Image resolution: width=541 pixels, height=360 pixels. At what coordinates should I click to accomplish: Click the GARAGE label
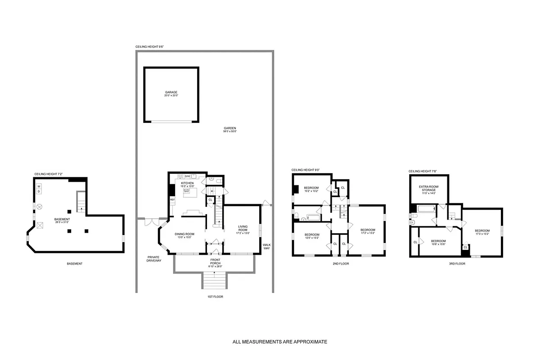171,92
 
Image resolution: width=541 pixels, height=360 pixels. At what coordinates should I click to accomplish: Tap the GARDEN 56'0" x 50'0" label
230,128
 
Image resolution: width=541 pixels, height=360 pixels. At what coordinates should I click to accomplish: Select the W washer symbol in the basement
39,186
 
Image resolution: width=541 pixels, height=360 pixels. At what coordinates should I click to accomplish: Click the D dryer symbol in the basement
39,192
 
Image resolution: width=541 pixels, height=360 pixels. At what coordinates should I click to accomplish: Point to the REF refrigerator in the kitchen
172,199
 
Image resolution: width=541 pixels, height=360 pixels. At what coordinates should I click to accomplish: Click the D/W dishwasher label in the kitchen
187,176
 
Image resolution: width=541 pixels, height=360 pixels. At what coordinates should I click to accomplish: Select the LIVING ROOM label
241,229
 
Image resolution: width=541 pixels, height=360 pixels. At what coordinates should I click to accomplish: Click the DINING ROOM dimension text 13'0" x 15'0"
184,237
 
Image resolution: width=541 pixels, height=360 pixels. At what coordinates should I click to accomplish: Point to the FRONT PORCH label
216,261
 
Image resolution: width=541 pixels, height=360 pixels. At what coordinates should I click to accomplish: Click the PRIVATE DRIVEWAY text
153,258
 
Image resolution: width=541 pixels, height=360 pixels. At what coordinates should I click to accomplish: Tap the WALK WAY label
266,247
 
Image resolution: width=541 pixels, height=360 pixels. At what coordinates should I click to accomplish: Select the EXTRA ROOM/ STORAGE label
428,188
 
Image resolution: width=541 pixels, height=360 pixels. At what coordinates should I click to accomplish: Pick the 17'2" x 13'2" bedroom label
368,231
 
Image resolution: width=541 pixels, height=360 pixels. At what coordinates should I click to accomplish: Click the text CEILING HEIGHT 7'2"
48,174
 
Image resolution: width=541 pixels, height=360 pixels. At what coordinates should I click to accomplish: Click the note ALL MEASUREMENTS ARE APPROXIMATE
280,342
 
